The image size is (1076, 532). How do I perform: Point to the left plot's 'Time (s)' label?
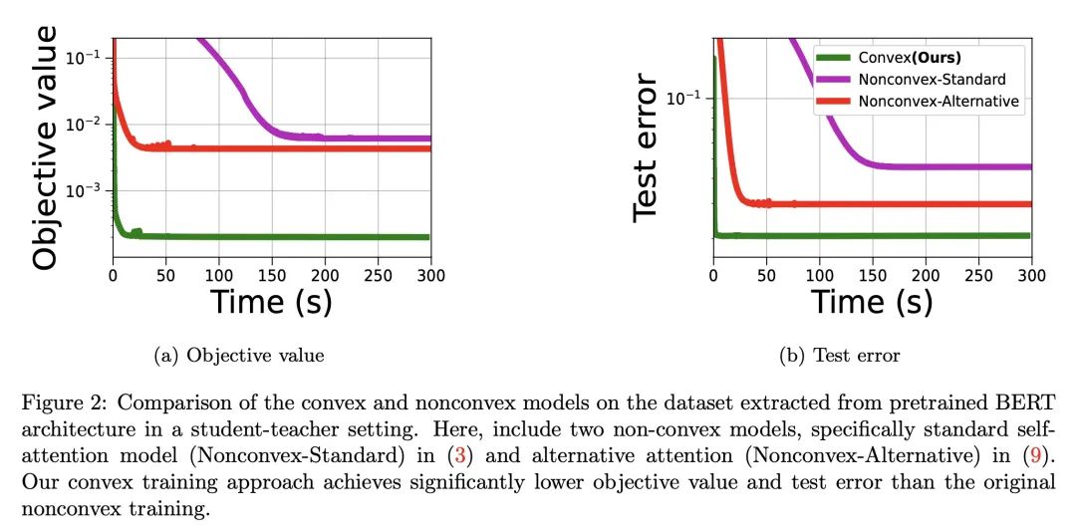coord(270,300)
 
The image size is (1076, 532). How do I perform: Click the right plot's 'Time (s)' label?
coord(871,300)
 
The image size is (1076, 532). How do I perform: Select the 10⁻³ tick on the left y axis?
coord(88,191)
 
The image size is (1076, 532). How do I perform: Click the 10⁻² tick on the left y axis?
coord(88,125)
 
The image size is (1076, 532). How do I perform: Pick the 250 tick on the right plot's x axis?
coord(978,274)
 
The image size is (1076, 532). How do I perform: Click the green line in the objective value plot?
coord(299,237)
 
